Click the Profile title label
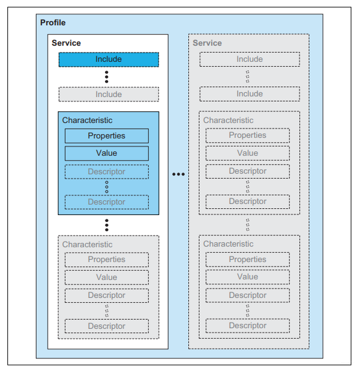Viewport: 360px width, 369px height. pyautogui.click(x=52, y=23)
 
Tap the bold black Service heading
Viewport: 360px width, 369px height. pyautogui.click(x=66, y=43)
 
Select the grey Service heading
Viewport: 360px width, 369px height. pyautogui.click(x=207, y=43)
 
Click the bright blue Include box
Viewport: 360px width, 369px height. pyautogui.click(x=109, y=59)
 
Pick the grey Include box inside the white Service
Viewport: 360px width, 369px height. pyautogui.click(x=109, y=95)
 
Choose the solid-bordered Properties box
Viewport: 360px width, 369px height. pyautogui.click(x=107, y=136)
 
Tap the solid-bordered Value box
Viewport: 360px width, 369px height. pyautogui.click(x=107, y=153)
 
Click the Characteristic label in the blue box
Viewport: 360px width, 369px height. pyautogui.click(x=87, y=121)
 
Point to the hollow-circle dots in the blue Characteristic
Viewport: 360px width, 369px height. pyautogui.click(x=107, y=187)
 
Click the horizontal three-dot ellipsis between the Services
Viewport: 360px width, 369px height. pyautogui.click(x=178, y=174)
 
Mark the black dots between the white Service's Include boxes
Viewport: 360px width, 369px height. pyautogui.click(x=107, y=77)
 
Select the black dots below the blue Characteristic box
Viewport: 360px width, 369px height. pyautogui.click(x=107, y=225)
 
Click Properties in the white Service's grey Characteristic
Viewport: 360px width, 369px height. pyautogui.click(x=107, y=260)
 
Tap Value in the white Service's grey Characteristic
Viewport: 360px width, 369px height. pyautogui.click(x=107, y=278)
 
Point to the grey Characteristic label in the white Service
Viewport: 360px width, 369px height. pyautogui.click(x=87, y=245)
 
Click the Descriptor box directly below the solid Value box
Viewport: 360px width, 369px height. pyautogui.click(x=107, y=172)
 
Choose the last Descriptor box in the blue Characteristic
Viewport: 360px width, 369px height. pyautogui.click(x=107, y=202)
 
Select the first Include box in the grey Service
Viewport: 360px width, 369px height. pyautogui.click(x=249, y=59)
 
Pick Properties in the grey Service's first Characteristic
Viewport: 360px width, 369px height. pyautogui.click(x=248, y=135)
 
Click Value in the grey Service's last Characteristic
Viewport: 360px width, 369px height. pyautogui.click(x=248, y=277)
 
